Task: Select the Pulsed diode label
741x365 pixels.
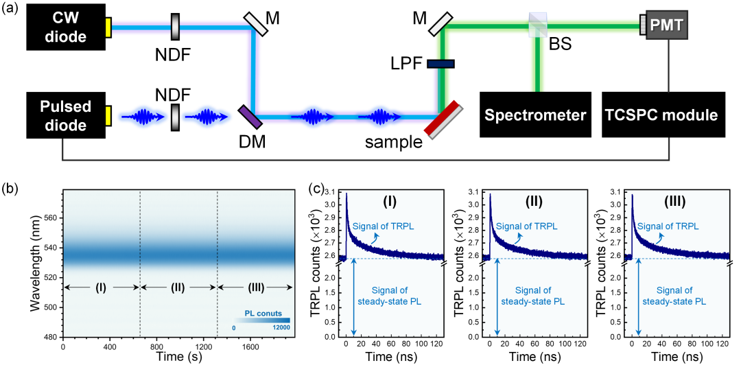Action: click(65, 116)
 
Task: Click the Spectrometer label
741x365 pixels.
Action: click(535, 115)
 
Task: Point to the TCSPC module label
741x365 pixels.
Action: click(661, 115)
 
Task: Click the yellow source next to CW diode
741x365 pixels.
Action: click(108, 27)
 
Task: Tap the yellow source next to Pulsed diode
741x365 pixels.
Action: click(108, 116)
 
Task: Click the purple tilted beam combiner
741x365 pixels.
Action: click(250, 116)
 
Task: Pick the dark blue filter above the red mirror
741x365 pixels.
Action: click(440, 64)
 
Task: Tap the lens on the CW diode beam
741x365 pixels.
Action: click(176, 27)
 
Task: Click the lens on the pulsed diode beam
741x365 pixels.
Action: click(176, 116)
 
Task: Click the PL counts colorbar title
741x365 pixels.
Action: click(261, 314)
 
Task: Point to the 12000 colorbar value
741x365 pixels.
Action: click(281, 328)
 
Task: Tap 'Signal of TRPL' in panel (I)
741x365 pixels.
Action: click(385, 226)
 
